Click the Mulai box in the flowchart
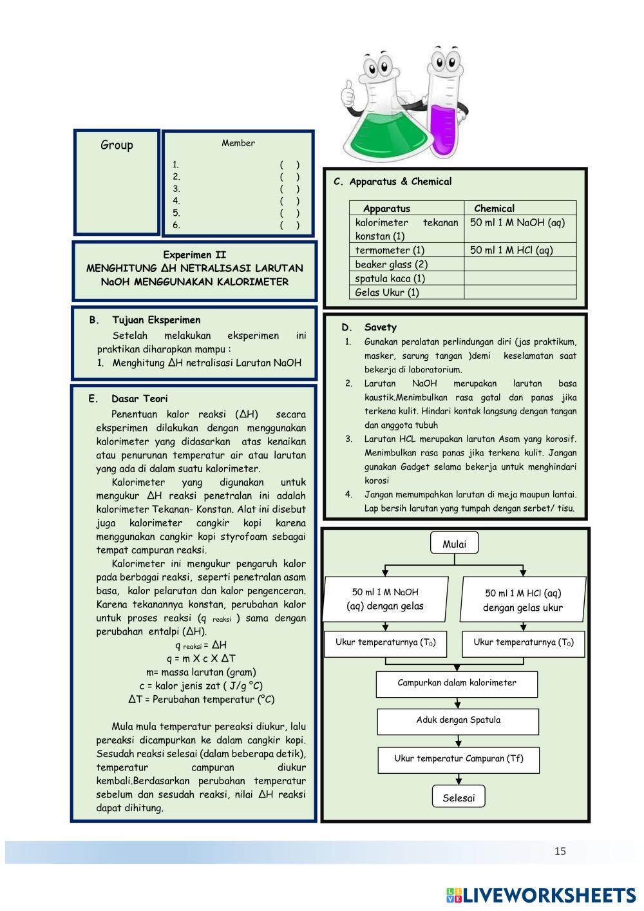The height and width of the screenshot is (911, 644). [454, 544]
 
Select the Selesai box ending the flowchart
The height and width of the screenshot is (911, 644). [459, 798]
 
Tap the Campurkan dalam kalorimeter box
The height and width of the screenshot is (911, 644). [457, 684]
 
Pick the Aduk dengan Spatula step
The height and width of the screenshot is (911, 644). [458, 721]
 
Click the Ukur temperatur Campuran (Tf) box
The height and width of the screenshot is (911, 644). [459, 760]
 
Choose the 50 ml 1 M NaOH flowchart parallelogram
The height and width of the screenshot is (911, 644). [385, 599]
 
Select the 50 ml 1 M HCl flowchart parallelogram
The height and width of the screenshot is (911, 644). [523, 600]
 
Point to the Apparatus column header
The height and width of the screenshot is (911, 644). [386, 209]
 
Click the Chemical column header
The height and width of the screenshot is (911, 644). [494, 209]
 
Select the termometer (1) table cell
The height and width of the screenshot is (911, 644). [390, 250]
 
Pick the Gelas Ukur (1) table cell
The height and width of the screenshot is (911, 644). [387, 292]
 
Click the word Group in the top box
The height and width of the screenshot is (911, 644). [117, 145]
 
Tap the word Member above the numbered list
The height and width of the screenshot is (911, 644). [238, 143]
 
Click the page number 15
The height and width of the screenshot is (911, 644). [560, 851]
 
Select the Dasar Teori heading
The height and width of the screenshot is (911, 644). [139, 399]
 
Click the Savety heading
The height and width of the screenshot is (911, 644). [380, 327]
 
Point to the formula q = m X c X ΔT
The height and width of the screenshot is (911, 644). [201, 658]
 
